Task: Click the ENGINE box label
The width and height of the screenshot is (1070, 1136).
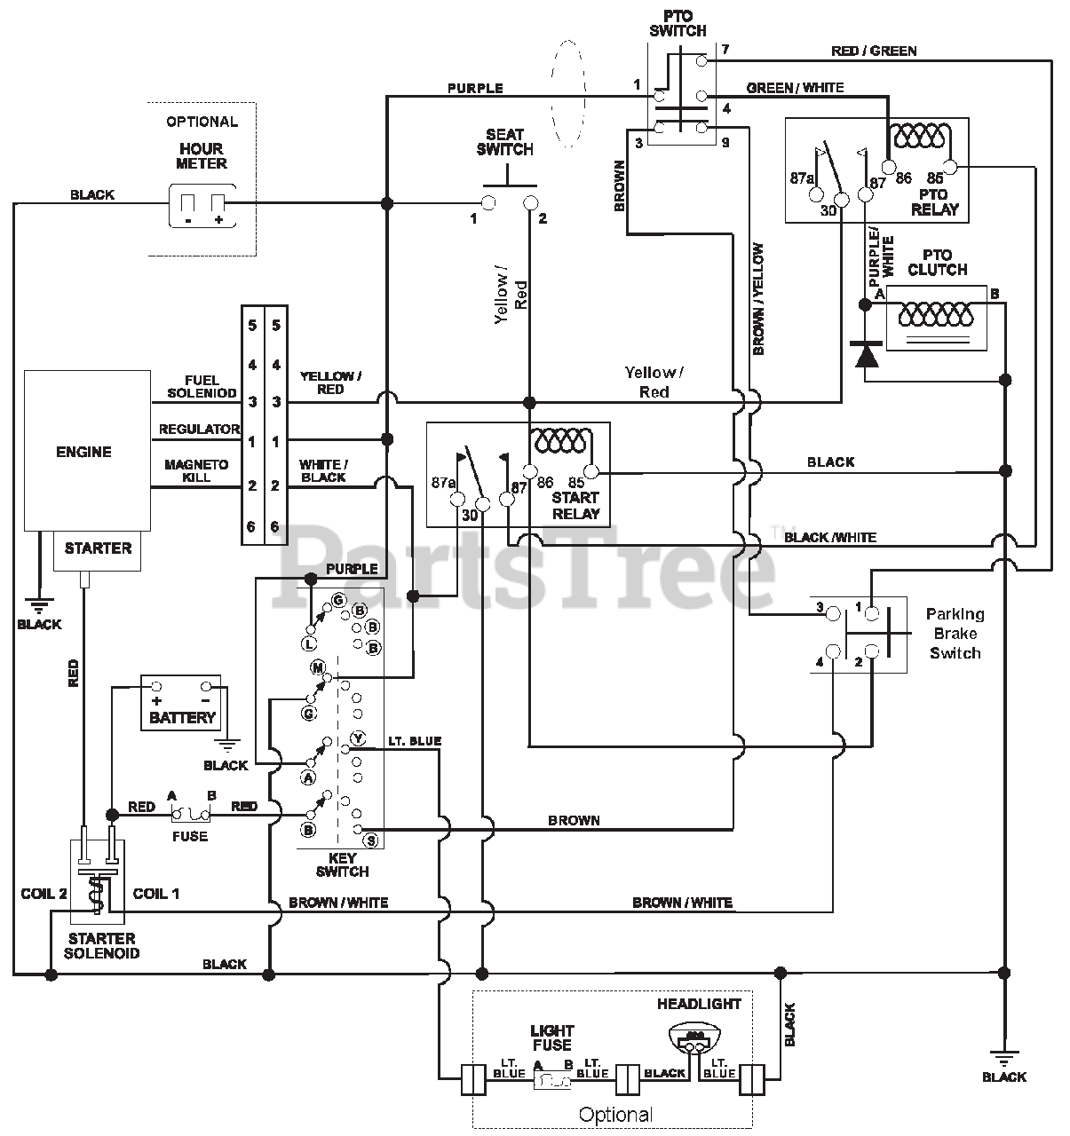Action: [x=83, y=452]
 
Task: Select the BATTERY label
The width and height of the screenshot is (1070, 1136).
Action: [x=182, y=717]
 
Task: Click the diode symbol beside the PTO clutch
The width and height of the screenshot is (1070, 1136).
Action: [x=866, y=354]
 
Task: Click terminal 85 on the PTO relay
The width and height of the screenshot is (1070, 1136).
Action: [x=949, y=167]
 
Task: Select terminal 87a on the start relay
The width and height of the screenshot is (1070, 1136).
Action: [x=456, y=500]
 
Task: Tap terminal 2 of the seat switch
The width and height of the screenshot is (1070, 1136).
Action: [x=531, y=202]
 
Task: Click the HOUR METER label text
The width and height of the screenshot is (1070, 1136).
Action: [x=201, y=156]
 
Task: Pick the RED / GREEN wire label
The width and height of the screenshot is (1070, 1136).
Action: [x=874, y=51]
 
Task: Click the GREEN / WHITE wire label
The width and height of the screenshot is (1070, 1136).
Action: [x=795, y=88]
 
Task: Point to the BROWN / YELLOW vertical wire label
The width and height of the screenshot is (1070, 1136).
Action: [x=758, y=299]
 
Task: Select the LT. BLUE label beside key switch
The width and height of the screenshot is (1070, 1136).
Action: [x=415, y=741]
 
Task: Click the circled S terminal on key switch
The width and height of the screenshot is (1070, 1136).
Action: [x=371, y=840]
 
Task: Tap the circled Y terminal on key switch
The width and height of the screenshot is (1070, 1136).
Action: [x=358, y=738]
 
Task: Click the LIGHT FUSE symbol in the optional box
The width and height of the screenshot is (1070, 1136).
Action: [x=552, y=1080]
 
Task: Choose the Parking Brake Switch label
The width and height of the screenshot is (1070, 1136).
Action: [x=955, y=633]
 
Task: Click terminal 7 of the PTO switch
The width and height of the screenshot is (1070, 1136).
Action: [x=701, y=60]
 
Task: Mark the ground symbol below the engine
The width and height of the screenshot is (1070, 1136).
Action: [x=39, y=605]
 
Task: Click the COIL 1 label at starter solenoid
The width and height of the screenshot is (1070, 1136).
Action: [x=155, y=894]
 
